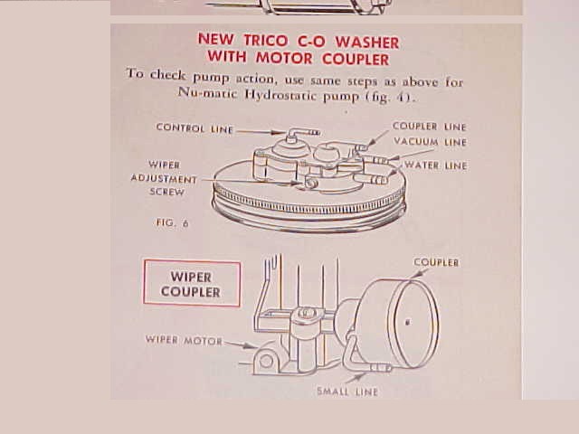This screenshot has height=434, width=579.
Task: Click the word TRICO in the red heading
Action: click(x=265, y=41)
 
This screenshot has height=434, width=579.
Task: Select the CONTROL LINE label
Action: click(x=195, y=128)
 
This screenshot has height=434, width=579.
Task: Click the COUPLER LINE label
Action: click(x=430, y=127)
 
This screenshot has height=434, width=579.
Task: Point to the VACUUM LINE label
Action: click(x=431, y=142)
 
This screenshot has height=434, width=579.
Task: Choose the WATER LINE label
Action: click(x=436, y=165)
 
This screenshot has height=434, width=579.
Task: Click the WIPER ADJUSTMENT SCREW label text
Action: click(x=164, y=178)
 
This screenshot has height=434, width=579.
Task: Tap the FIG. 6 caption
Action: click(x=173, y=222)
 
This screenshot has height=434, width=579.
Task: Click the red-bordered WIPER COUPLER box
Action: click(x=192, y=283)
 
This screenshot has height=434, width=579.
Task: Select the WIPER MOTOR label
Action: click(x=184, y=340)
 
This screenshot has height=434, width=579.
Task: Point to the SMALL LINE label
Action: click(x=347, y=392)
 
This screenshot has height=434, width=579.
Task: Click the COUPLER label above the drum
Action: click(x=436, y=262)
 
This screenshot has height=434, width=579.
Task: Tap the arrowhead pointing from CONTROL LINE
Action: click(x=280, y=132)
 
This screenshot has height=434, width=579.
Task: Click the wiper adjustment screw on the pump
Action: click(x=309, y=183)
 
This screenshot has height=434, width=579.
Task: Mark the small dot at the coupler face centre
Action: click(x=408, y=323)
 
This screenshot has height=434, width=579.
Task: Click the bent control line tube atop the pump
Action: click(x=301, y=133)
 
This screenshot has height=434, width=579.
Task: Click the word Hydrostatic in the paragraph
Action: click(x=281, y=95)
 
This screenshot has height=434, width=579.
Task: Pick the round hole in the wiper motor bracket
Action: click(x=267, y=361)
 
